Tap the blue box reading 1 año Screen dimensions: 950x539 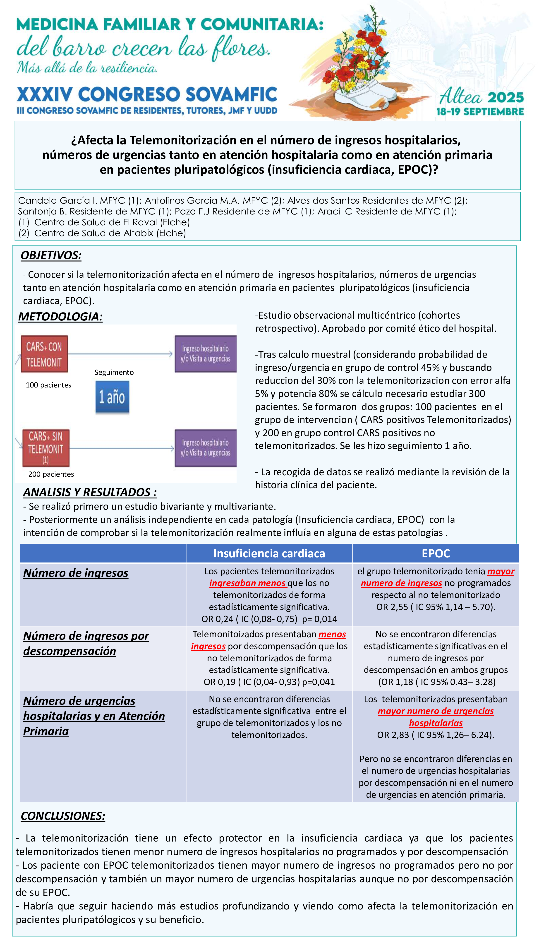pyautogui.click(x=112, y=397)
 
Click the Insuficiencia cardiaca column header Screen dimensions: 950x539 pyautogui.click(x=269, y=553)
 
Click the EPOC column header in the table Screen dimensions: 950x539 pyautogui.click(x=436, y=553)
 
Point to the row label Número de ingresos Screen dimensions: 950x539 pyautogui.click(x=76, y=573)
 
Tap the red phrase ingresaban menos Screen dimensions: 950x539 pyautogui.click(x=248, y=583)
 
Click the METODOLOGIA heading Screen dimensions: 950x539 pyautogui.click(x=60, y=317)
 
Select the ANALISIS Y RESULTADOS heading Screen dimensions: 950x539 pyautogui.click(x=90, y=492)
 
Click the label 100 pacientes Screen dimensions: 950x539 pyautogui.click(x=48, y=385)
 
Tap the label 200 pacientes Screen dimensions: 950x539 pyautogui.click(x=51, y=474)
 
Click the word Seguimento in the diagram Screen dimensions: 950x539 pyautogui.click(x=114, y=373)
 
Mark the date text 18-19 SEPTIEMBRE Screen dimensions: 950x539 pyautogui.click(x=480, y=112)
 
